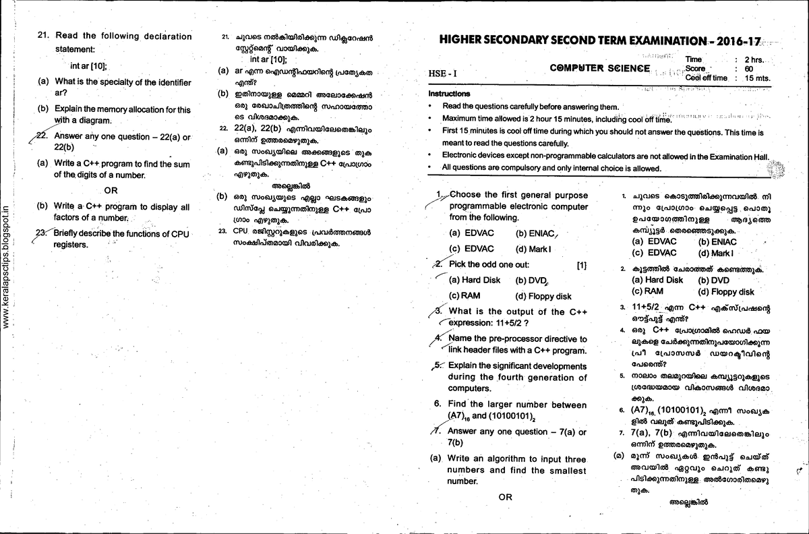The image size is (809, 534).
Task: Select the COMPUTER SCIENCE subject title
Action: point(599,68)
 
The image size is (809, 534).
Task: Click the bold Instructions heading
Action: point(449,94)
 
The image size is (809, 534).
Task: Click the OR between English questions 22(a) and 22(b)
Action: point(111,189)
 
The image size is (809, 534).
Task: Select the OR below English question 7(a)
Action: point(505,497)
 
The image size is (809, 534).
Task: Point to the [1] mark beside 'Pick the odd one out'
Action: point(583,265)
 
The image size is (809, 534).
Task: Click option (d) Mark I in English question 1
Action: point(533,248)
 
